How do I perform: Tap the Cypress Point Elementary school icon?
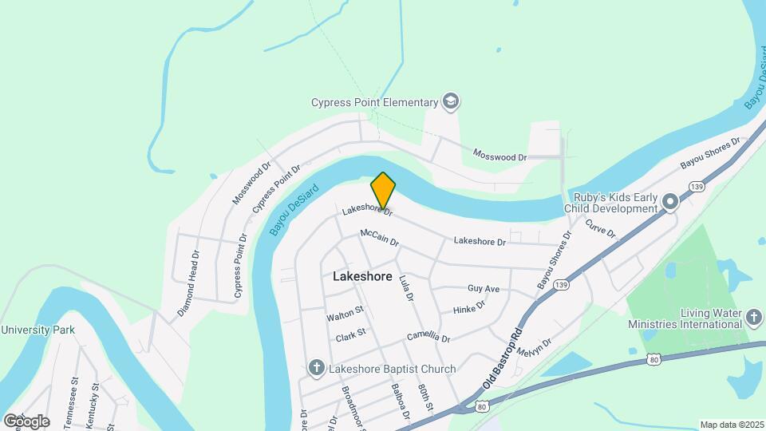tap(452, 102)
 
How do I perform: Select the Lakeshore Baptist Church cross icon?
tap(316, 369)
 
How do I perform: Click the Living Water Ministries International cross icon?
tap(753, 318)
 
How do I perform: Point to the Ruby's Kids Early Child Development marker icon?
tap(670, 203)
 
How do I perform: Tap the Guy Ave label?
tap(484, 288)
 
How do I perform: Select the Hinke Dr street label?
tap(469, 307)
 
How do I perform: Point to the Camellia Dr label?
tap(428, 338)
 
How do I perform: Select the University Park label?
tap(38, 330)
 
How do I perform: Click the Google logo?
tap(26, 421)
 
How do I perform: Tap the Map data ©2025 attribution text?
tap(731, 425)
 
